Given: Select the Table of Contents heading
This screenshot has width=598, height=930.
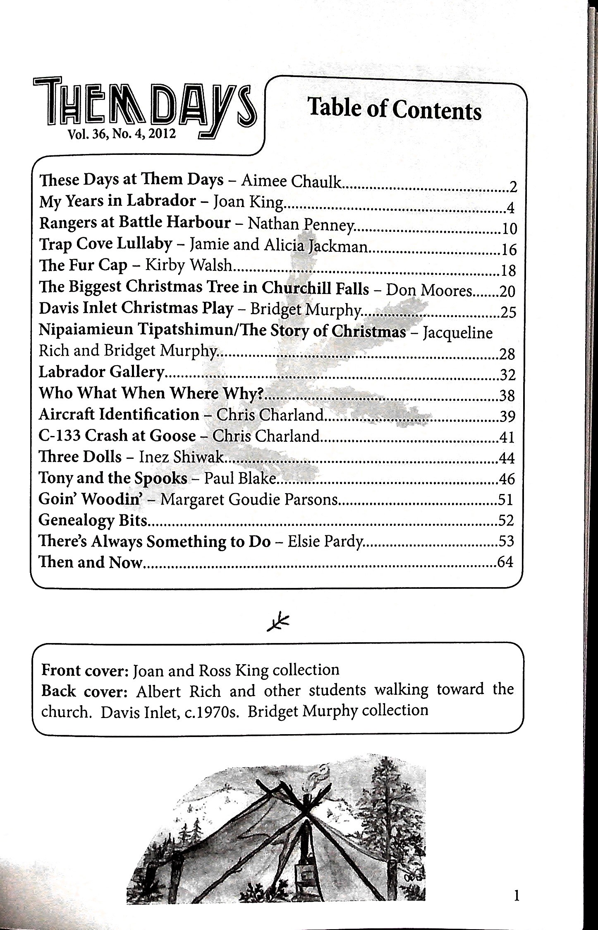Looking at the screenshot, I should point(395,109).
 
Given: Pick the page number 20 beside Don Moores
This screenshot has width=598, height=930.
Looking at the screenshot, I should point(507,292).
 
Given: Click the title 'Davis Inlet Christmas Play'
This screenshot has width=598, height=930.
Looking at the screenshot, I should point(136,308).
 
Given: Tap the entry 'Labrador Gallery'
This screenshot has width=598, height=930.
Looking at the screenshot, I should point(102,372).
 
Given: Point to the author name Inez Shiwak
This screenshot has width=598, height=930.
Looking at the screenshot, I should point(181,457).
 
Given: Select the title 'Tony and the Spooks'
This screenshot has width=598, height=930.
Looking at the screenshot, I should point(112,478).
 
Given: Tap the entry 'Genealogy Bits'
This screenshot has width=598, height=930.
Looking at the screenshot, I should point(93,520).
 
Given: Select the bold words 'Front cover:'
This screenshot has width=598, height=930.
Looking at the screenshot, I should point(86,670).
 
